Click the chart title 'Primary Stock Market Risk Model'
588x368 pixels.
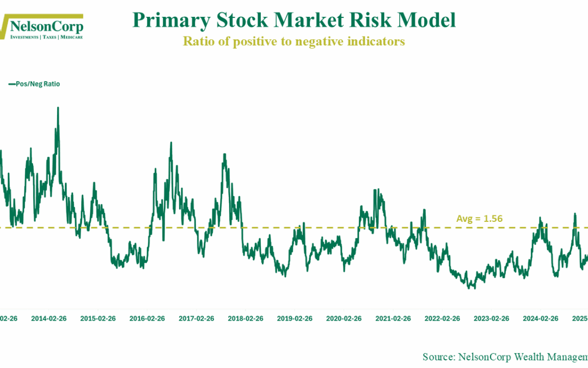(294, 21)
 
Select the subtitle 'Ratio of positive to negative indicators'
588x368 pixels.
(294, 41)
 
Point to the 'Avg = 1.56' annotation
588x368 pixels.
(479, 219)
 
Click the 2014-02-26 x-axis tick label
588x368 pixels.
(49, 318)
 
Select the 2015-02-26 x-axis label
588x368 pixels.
(98, 318)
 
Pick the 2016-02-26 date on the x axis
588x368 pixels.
(147, 318)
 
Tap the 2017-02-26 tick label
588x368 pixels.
(197, 318)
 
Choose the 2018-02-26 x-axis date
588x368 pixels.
(246, 318)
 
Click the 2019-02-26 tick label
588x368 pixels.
(295, 318)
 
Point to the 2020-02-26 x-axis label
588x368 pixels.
(344, 318)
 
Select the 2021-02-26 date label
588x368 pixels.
(393, 318)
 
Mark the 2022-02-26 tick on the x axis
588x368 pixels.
(443, 318)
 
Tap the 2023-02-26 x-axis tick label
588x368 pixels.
(492, 318)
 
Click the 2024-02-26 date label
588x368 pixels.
(541, 318)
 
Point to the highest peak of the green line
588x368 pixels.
(58, 108)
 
